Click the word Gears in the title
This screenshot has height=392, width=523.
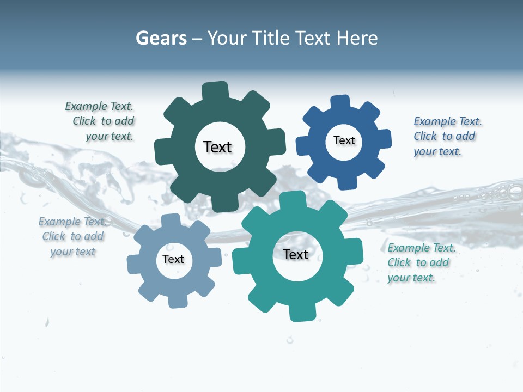pyautogui.click(x=161, y=38)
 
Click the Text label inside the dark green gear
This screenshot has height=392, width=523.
pyautogui.click(x=217, y=147)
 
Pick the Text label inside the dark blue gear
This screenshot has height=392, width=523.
pyautogui.click(x=344, y=140)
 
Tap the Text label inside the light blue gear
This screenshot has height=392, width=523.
pyautogui.click(x=173, y=259)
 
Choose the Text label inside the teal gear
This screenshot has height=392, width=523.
pyautogui.click(x=296, y=254)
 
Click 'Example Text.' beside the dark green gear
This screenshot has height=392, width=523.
pyautogui.click(x=99, y=106)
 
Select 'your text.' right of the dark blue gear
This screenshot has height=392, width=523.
pyautogui.click(x=437, y=152)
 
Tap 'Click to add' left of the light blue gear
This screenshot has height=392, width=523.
pyautogui.click(x=73, y=236)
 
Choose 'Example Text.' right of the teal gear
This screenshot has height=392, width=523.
pyautogui.click(x=421, y=248)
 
